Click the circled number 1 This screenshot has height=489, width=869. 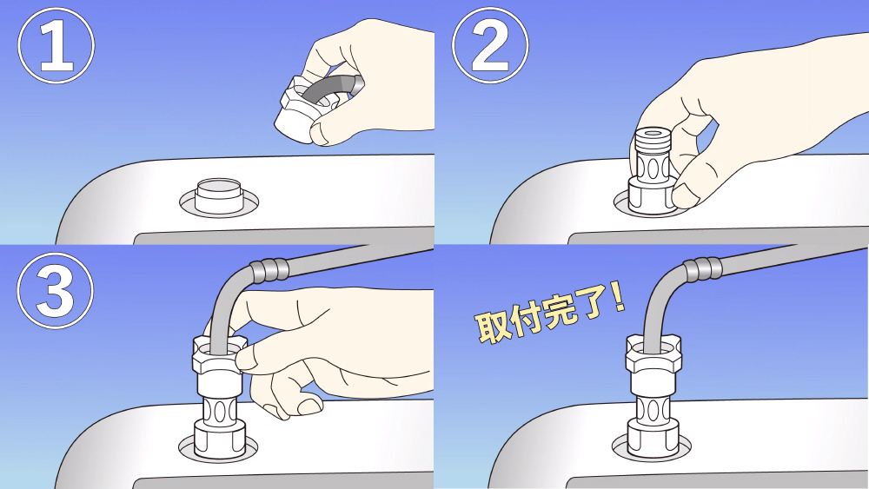[x=56, y=46]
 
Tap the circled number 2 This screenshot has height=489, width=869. [x=490, y=46]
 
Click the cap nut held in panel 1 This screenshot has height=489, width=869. [x=302, y=111]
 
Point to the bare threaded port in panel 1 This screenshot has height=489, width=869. [x=219, y=195]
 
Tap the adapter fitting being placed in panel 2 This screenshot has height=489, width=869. [x=653, y=172]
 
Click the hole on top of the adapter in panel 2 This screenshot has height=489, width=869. [x=653, y=134]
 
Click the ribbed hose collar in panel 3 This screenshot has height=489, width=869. [x=269, y=270]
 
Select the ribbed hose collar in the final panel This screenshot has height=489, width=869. [x=703, y=269]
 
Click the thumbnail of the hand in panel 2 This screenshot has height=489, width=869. [x=683, y=196]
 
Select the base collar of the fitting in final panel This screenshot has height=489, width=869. [x=653, y=439]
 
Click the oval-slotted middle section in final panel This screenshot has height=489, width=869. [x=653, y=411]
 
